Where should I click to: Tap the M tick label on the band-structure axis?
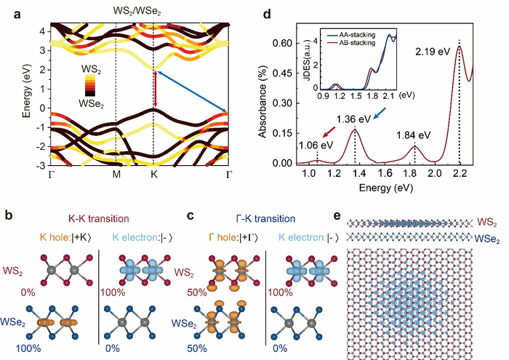click(116, 175)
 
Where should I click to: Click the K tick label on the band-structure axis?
click(153, 175)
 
